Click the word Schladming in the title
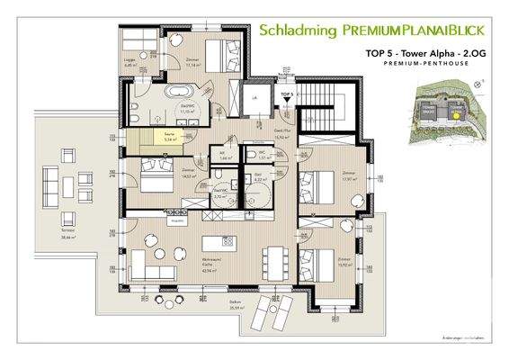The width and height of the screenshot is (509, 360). tap(293, 29)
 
